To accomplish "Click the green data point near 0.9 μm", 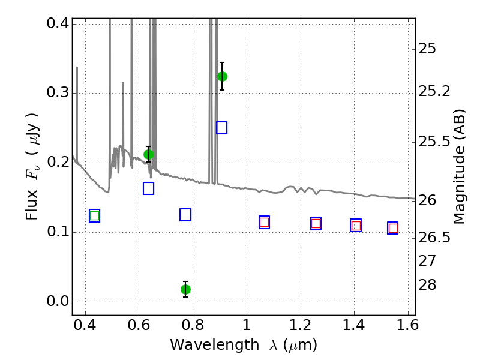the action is [x=222, y=76].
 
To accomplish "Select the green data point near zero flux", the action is [x=185, y=289].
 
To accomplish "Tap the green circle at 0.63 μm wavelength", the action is [x=148, y=155].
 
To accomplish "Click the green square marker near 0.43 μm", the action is [x=95, y=216].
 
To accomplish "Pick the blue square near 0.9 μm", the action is [x=221, y=128].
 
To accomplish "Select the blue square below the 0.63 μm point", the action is [x=148, y=188].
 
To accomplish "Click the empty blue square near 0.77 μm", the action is [x=185, y=215].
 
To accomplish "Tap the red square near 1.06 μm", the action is [x=264, y=222].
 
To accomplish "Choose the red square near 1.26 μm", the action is [x=316, y=223].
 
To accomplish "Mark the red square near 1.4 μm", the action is [x=356, y=226].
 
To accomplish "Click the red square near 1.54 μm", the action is [x=393, y=228].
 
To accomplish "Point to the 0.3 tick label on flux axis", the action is [x=58, y=92].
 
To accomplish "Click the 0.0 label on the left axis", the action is [x=58, y=301].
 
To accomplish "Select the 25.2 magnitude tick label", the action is [x=434, y=91].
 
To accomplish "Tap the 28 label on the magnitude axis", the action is [x=427, y=284].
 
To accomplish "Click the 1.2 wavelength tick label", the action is [x=301, y=325].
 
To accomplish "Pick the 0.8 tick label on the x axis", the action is [x=193, y=325].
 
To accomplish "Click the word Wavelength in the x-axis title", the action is [x=215, y=344].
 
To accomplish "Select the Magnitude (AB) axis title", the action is [x=459, y=167].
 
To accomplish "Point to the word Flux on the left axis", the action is [x=32, y=205].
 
